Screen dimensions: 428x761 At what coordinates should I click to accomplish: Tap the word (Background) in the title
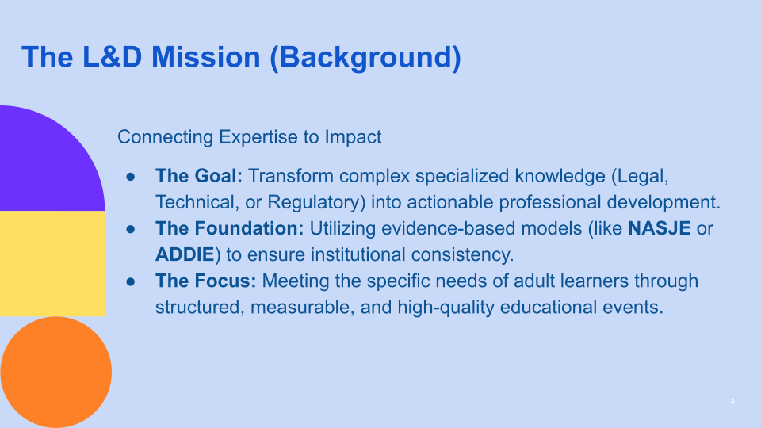(365, 57)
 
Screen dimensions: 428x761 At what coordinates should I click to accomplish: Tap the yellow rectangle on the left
(52, 263)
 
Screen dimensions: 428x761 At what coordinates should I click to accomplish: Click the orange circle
(55, 372)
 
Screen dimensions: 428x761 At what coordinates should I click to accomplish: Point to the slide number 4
(732, 403)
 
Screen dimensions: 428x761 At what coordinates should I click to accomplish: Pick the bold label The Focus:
(206, 281)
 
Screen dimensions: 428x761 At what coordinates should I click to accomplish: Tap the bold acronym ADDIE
(184, 254)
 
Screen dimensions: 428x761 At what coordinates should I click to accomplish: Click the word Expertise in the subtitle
(256, 137)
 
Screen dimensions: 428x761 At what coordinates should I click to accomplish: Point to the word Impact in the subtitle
(353, 137)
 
